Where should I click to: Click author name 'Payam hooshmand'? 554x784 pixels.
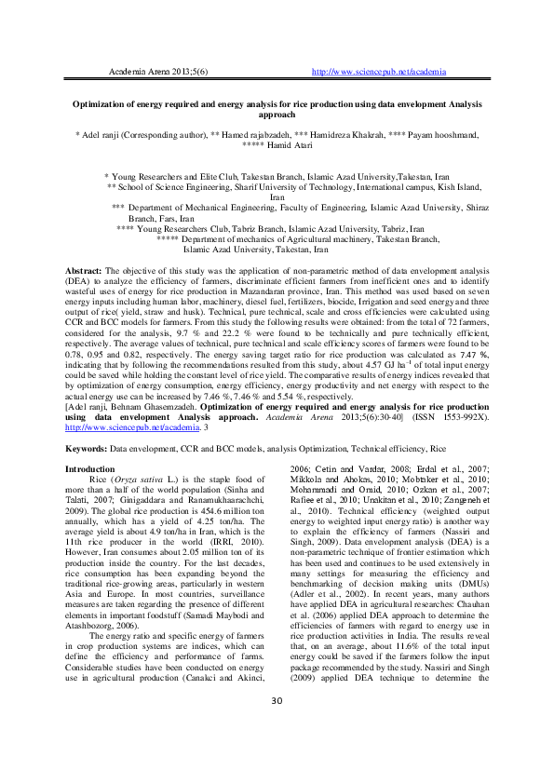click(439, 135)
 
